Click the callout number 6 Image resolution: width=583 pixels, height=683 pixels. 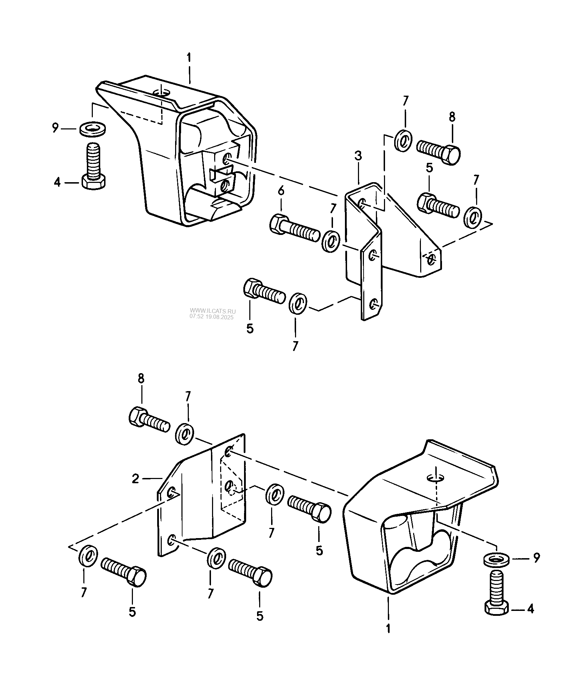[x=281, y=191]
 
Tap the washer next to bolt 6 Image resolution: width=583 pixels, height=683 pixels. [x=331, y=242]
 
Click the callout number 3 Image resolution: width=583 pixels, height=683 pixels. [x=358, y=157]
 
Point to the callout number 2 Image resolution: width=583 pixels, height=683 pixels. [x=136, y=479]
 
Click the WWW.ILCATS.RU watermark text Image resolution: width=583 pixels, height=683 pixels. [x=213, y=311]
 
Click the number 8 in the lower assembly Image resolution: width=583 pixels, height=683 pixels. [x=141, y=379]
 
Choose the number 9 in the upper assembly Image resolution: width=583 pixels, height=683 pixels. [x=55, y=129]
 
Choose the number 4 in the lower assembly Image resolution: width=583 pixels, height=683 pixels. [x=530, y=608]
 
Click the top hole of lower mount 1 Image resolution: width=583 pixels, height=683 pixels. [x=436, y=478]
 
